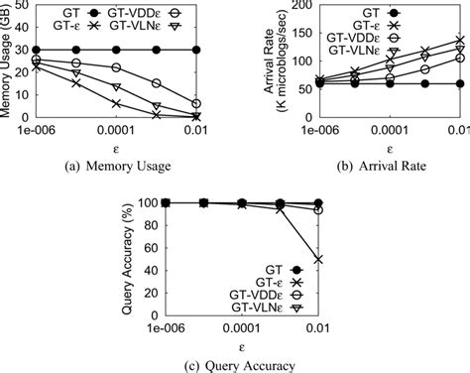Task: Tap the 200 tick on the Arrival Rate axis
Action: (x=299, y=6)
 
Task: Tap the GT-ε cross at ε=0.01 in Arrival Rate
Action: (x=458, y=41)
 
